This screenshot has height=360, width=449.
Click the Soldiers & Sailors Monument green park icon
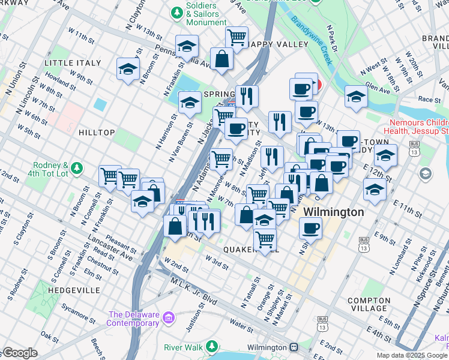pos(177,12)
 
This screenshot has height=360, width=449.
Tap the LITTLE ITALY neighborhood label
pos(73,62)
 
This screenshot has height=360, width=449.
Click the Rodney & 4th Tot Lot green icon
pos(76,169)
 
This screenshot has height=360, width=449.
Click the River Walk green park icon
pos(211,347)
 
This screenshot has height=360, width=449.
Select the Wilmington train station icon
pos(294,347)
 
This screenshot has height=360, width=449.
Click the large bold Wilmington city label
pos(333,212)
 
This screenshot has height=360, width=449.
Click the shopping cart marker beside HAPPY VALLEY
pos(237,37)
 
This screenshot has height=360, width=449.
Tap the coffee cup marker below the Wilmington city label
pos(310,228)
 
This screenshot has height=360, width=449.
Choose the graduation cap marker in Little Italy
pos(128,70)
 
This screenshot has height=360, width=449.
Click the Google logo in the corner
pos(20,353)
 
